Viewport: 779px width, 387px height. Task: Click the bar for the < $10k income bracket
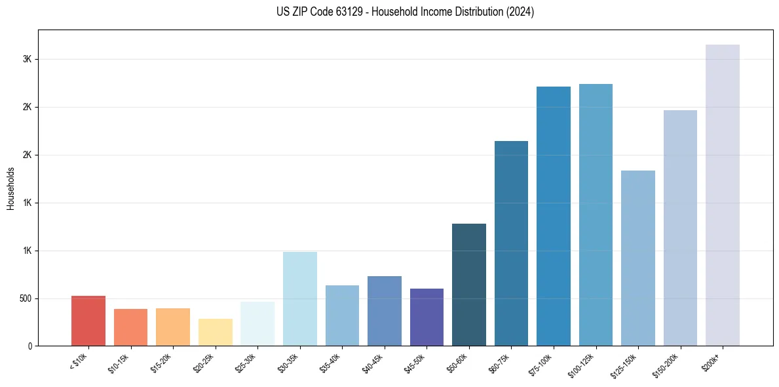tap(88, 321)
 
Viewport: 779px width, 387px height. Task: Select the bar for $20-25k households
tap(215, 332)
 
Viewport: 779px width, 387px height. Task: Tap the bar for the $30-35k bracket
tap(299, 298)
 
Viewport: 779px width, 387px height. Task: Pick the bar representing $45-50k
tap(427, 317)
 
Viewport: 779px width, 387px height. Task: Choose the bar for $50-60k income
tap(469, 285)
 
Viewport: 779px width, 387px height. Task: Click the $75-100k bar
tap(554, 216)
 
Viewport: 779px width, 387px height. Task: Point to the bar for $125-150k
tap(638, 258)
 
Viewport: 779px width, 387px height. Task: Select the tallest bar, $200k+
tap(723, 195)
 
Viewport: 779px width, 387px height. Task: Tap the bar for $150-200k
tap(680, 228)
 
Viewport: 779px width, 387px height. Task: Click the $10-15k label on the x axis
tap(119, 362)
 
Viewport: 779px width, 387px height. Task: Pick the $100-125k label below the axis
tap(582, 363)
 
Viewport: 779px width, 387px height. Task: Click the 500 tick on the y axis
tap(25, 298)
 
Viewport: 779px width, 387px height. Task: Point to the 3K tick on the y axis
tap(28, 59)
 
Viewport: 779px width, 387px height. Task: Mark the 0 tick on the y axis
tap(30, 346)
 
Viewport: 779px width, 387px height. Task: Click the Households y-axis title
tap(10, 188)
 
